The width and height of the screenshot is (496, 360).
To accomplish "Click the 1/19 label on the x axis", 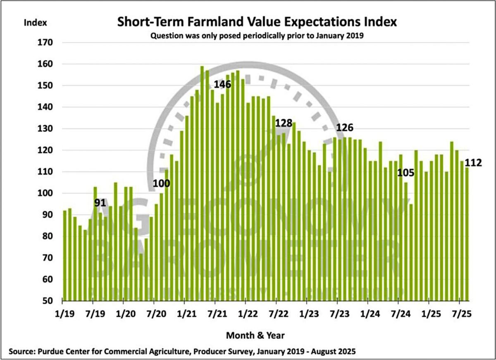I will click(64, 314).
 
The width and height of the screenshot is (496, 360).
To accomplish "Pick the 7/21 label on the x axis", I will click(215, 314).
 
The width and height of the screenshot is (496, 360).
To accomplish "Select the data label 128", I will click(284, 123).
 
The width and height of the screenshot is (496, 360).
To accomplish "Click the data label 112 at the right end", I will click(473, 163).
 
